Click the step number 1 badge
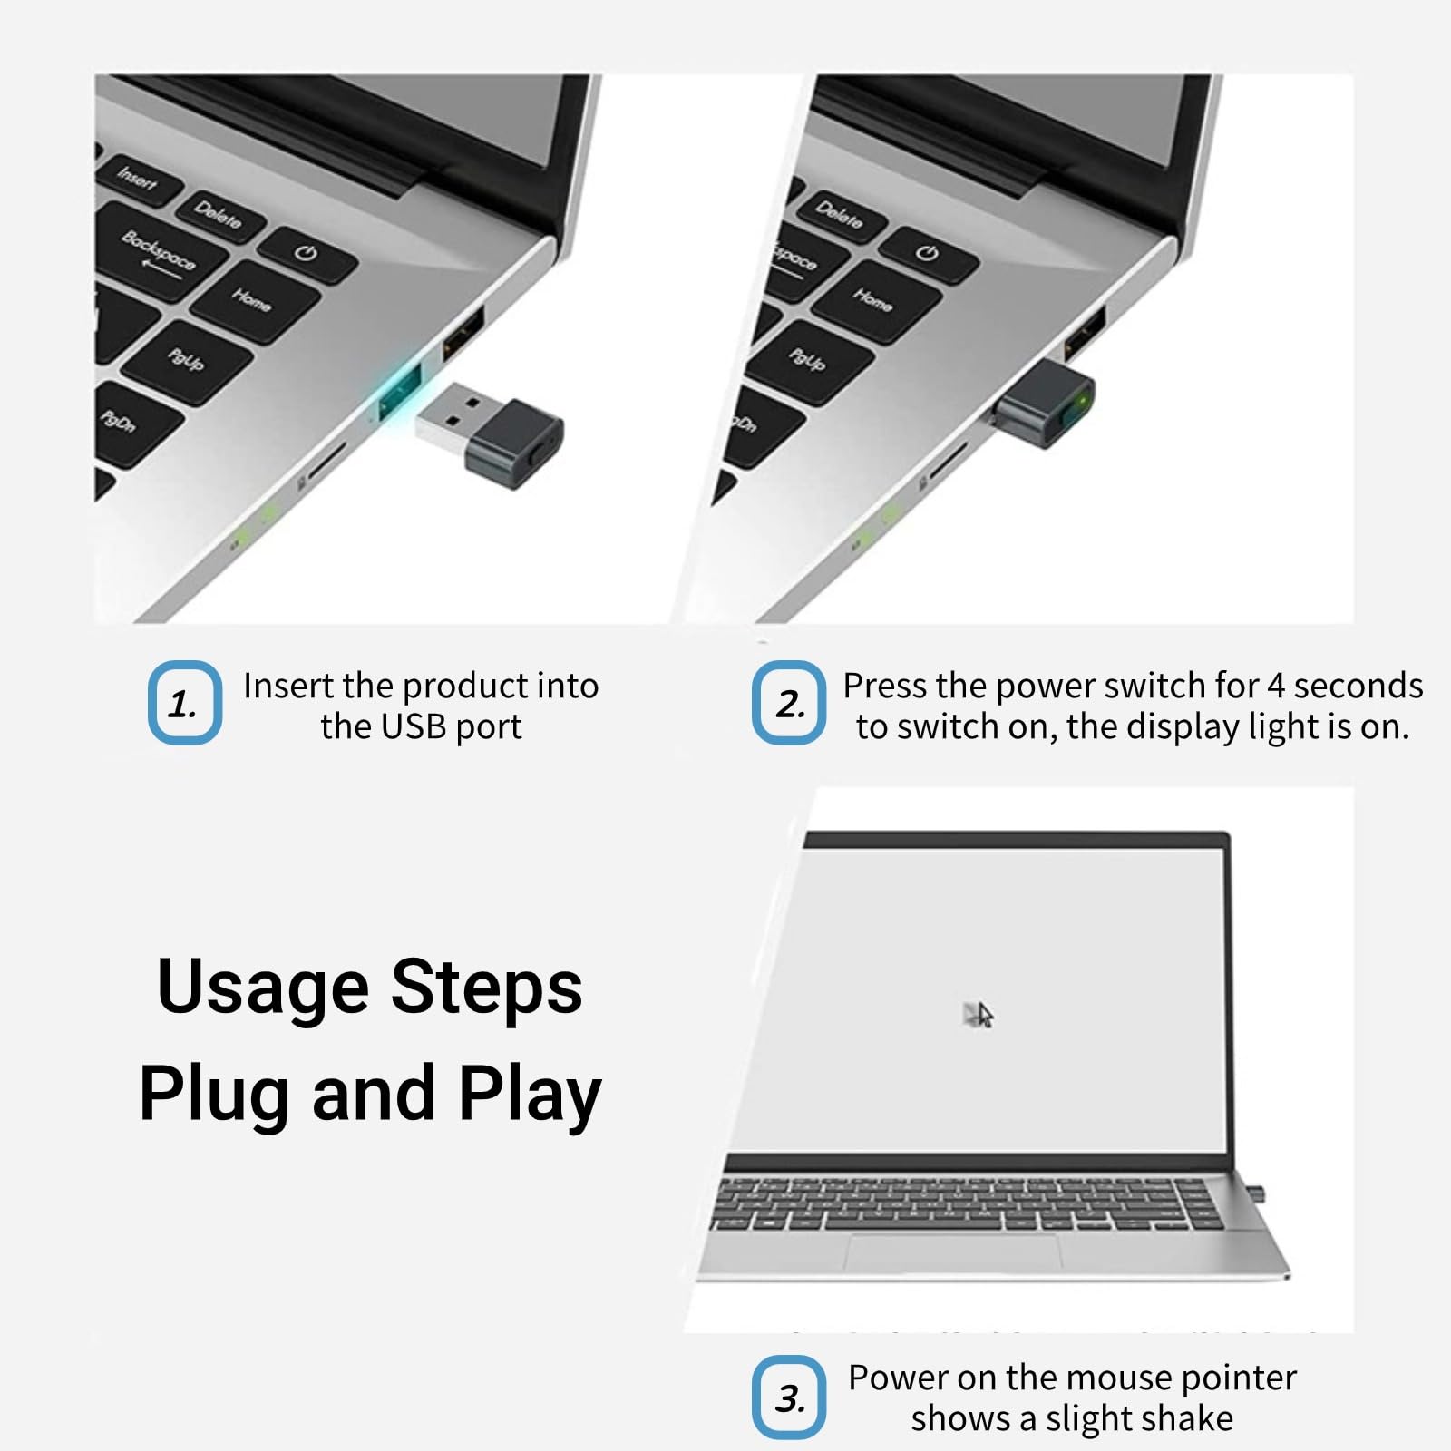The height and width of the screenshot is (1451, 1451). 184,703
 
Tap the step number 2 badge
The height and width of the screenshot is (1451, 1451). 789,703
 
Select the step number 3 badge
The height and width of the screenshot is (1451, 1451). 789,1397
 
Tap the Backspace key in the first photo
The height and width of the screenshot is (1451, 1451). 160,251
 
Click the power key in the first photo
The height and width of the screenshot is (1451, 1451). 307,253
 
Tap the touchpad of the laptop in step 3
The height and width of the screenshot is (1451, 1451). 953,1252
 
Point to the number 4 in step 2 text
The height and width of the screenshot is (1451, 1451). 1275,686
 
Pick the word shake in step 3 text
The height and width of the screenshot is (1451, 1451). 1188,1417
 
